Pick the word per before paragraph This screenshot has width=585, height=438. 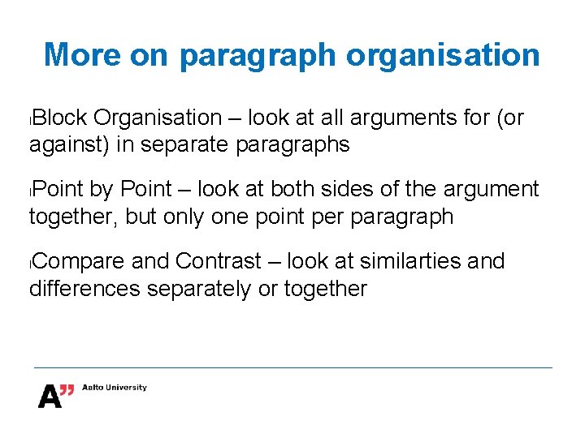(310, 217)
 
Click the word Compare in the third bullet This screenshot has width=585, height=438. (79, 262)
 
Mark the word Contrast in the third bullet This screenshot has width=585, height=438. (217, 262)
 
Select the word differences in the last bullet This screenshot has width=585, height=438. (84, 289)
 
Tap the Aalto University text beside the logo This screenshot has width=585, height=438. (115, 388)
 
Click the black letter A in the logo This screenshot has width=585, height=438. (49, 397)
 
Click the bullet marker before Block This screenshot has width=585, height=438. (31, 120)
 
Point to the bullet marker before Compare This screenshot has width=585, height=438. (31, 264)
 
